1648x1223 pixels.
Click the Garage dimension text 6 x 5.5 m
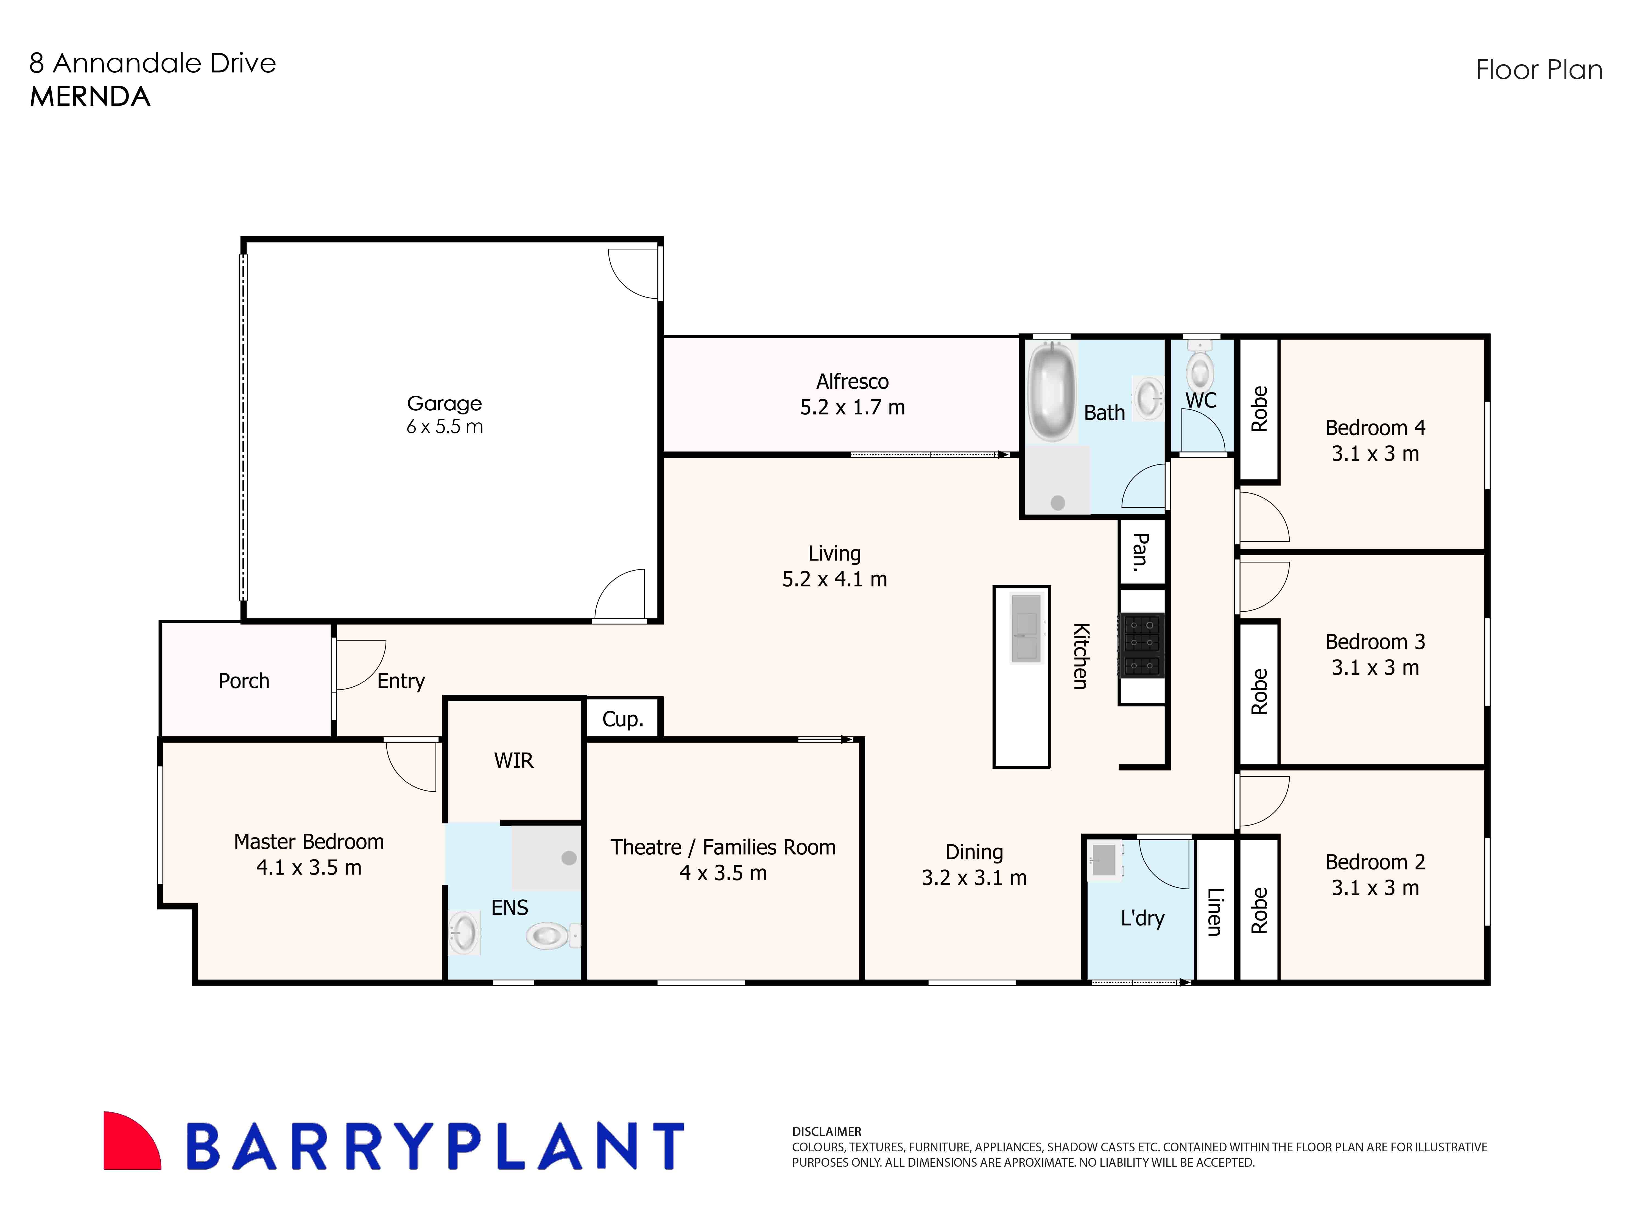coord(445,427)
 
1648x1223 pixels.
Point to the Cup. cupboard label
coord(622,719)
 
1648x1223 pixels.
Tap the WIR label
coord(513,760)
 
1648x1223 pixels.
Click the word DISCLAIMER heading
coord(826,1131)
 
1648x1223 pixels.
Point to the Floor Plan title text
coord(1539,70)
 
